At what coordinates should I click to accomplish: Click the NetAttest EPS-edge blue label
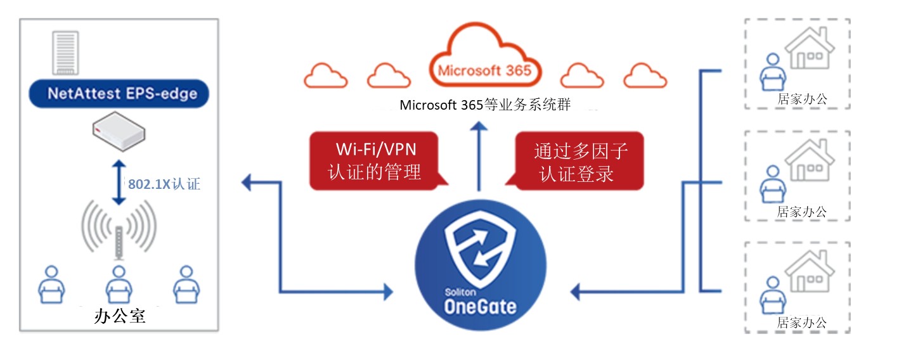tap(119, 94)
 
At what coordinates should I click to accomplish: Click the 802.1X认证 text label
tap(164, 184)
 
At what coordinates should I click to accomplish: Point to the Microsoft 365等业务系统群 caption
tap(485, 105)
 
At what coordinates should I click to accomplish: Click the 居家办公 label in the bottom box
tap(802, 322)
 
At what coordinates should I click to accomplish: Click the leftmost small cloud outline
tap(326, 76)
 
